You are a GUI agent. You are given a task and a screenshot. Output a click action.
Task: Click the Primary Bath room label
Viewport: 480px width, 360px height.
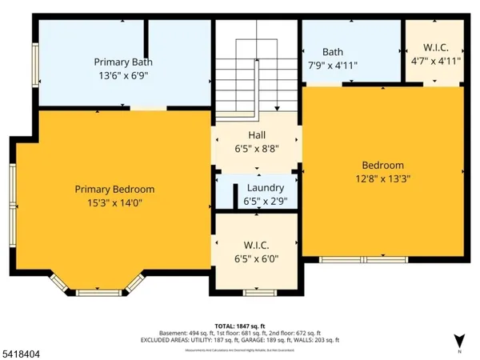click(x=123, y=62)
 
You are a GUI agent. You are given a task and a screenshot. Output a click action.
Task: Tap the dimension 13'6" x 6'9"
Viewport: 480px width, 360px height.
click(x=123, y=76)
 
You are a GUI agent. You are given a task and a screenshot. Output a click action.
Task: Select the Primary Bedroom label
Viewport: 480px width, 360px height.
click(x=114, y=190)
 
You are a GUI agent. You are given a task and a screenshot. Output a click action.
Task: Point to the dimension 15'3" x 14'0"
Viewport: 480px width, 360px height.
click(x=114, y=203)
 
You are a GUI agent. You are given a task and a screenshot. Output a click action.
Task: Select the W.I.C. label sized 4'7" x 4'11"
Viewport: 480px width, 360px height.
click(x=436, y=46)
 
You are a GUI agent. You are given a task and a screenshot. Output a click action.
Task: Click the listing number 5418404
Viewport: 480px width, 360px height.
click(x=24, y=350)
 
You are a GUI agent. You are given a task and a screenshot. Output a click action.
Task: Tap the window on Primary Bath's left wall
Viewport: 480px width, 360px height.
click(x=35, y=62)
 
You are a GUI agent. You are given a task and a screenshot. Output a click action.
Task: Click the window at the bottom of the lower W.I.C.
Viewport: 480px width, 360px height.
click(x=256, y=293)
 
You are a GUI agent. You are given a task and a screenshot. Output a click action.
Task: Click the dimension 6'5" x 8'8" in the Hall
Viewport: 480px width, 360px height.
click(x=257, y=149)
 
